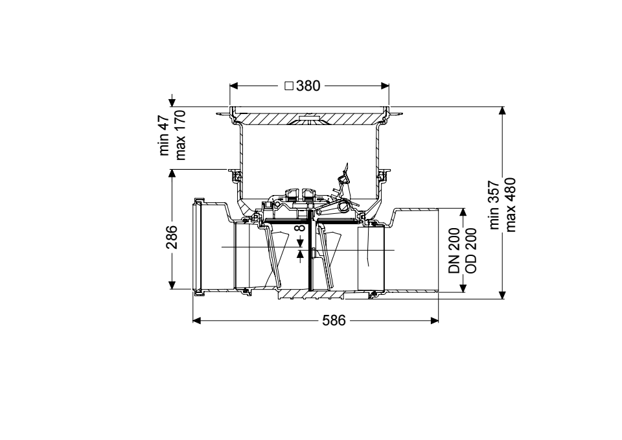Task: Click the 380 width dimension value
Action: (x=308, y=86)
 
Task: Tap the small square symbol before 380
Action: (x=289, y=86)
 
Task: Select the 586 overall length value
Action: (x=334, y=320)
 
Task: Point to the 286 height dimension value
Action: (x=172, y=237)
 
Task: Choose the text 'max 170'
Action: (x=180, y=135)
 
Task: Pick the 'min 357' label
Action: (x=494, y=205)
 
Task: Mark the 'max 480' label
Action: (x=510, y=205)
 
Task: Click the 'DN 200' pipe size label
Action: (x=454, y=250)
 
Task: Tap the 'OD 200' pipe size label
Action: (x=470, y=250)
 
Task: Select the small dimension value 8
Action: (x=300, y=227)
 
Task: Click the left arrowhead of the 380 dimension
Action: (x=234, y=86)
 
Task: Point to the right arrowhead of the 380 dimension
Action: (x=385, y=86)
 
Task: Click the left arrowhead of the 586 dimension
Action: (x=197, y=320)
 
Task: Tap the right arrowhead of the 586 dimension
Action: (x=434, y=320)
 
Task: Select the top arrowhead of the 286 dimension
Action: (x=172, y=174)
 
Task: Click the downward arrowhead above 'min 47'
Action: (x=172, y=102)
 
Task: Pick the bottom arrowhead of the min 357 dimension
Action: (x=502, y=294)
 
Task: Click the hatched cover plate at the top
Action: (x=309, y=118)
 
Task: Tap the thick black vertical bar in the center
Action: (x=309, y=250)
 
